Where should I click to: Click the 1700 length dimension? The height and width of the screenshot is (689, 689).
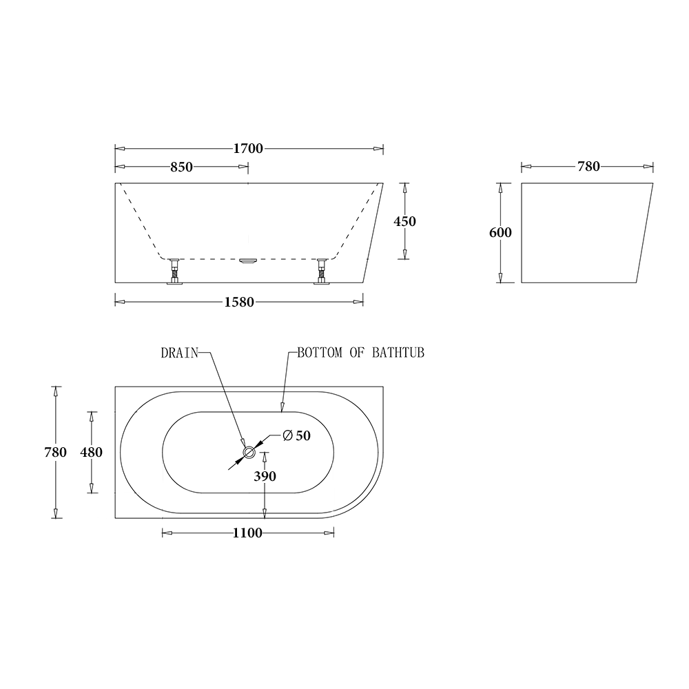(248, 149)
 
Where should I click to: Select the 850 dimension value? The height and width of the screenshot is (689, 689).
(181, 167)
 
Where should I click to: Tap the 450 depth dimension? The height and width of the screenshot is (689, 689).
(404, 221)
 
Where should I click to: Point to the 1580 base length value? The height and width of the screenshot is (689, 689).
(240, 302)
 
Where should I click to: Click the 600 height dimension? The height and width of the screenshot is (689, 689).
(500, 232)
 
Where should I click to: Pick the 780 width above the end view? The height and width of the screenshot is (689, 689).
(589, 166)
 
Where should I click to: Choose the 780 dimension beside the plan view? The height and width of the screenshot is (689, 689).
(55, 452)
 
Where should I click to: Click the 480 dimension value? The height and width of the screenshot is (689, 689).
(92, 452)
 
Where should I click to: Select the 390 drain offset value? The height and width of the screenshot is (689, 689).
(265, 476)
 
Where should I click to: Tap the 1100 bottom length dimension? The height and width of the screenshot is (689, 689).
(248, 533)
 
